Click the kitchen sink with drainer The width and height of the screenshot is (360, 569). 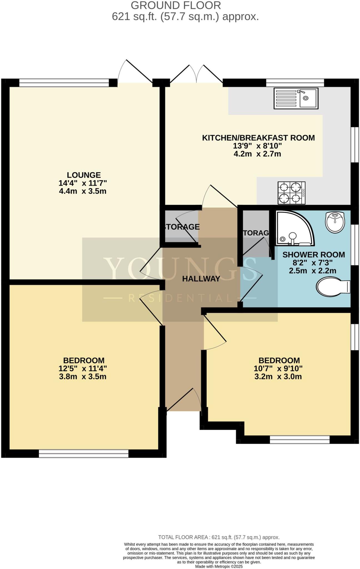pos(296,98)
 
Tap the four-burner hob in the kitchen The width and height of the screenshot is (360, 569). pos(291,193)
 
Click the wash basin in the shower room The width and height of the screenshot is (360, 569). pos(335,222)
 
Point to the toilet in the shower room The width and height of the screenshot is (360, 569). pos(333,287)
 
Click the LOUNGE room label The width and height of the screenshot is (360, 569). pos(84,175)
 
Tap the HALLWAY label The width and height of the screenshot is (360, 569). pos(201,279)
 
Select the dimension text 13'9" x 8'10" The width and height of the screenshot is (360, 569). pos(257,146)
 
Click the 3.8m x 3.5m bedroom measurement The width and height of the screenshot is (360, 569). pos(83,377)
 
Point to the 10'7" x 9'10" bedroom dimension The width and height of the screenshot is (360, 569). pos(278,369)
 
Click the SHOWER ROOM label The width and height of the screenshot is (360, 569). pos(314,255)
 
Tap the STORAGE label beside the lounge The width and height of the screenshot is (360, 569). pos(182,227)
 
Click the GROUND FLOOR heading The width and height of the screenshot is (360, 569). pos(176,6)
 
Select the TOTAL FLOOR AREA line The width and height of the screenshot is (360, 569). pos(219,537)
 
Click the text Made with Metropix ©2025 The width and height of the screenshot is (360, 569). pos(219,566)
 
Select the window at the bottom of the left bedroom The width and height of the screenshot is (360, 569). pos(84,454)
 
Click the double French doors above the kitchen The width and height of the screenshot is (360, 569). pos(196,74)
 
